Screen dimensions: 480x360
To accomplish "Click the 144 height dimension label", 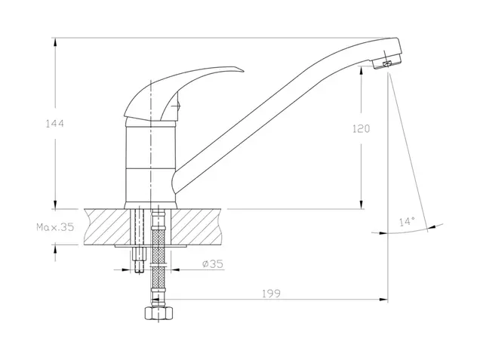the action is [x=55, y=124].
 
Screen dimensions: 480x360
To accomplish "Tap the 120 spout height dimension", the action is [x=362, y=128].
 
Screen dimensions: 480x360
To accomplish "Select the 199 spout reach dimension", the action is [x=271, y=294].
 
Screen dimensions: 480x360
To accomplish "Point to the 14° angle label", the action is [x=407, y=221].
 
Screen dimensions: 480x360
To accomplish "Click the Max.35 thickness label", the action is [x=55, y=227].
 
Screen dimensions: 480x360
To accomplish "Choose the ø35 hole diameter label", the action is [x=213, y=263].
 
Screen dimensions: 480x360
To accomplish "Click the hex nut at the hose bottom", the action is [x=158, y=313].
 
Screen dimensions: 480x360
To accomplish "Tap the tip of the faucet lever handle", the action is [x=244, y=72].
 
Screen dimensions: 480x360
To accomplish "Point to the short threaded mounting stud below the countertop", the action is [x=139, y=260].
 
